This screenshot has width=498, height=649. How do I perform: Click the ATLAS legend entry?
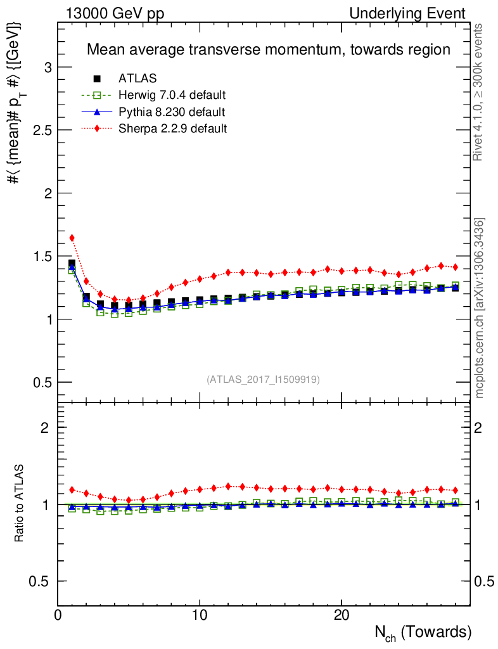coord(137,79)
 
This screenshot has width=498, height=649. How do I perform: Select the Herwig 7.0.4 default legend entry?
coord(172,96)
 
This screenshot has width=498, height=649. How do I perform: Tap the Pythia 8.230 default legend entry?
coord(171,112)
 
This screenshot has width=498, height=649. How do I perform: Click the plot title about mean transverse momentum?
coord(268,49)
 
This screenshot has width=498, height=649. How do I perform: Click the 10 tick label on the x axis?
coord(200,615)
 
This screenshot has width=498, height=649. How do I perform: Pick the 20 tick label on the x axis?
coord(342,615)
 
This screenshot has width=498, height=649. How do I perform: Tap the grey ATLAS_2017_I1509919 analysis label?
coord(263,380)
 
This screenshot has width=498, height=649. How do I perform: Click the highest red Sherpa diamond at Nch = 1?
coord(72,238)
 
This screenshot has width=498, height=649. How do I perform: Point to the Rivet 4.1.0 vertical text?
coord(480,92)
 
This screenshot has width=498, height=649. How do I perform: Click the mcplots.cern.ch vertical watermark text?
coord(480,308)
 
